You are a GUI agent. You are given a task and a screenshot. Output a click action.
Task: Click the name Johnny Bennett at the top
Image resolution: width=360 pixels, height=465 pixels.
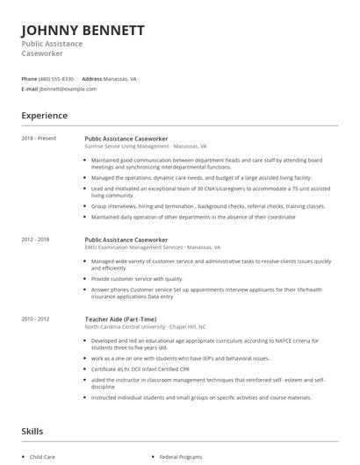pos(83,30)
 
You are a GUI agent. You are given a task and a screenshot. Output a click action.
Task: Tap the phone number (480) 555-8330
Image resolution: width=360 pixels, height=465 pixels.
pos(56,78)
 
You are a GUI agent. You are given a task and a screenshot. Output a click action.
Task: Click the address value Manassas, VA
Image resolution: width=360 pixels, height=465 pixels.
pos(119,78)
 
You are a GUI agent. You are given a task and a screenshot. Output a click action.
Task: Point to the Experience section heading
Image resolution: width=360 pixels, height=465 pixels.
pos(44,115)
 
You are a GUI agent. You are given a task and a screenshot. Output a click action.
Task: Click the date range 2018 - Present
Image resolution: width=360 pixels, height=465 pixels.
pos(40,139)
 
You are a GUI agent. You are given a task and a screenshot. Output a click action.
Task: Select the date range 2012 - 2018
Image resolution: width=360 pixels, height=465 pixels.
pos(37,239)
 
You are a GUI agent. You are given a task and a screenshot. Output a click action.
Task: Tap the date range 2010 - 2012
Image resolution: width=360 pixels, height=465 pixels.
pos(37,318)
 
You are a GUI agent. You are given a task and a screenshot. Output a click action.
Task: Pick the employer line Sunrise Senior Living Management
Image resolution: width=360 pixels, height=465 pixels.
pos(145,147)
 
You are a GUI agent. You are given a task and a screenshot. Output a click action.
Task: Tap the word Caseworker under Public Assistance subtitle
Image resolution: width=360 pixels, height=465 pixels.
pos(43,54)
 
